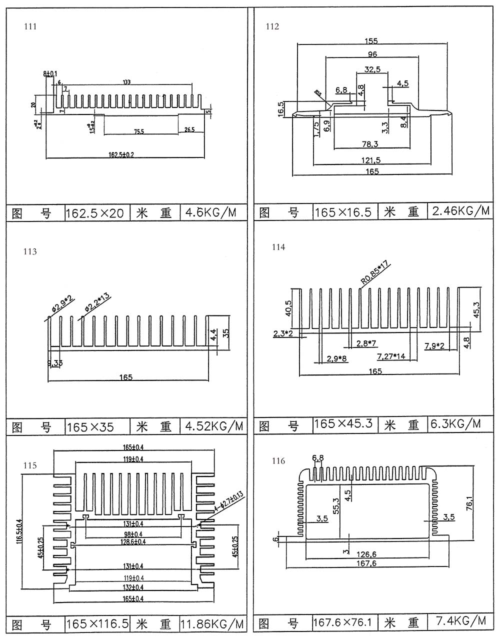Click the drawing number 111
tap(30, 26)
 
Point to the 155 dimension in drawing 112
tap(371, 41)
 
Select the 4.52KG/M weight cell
tap(213, 426)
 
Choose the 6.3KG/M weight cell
tap(455, 424)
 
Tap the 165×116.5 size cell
tap(97, 624)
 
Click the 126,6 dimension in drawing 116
tap(367, 554)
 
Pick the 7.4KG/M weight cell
tap(460, 621)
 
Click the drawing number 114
tap(278, 247)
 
